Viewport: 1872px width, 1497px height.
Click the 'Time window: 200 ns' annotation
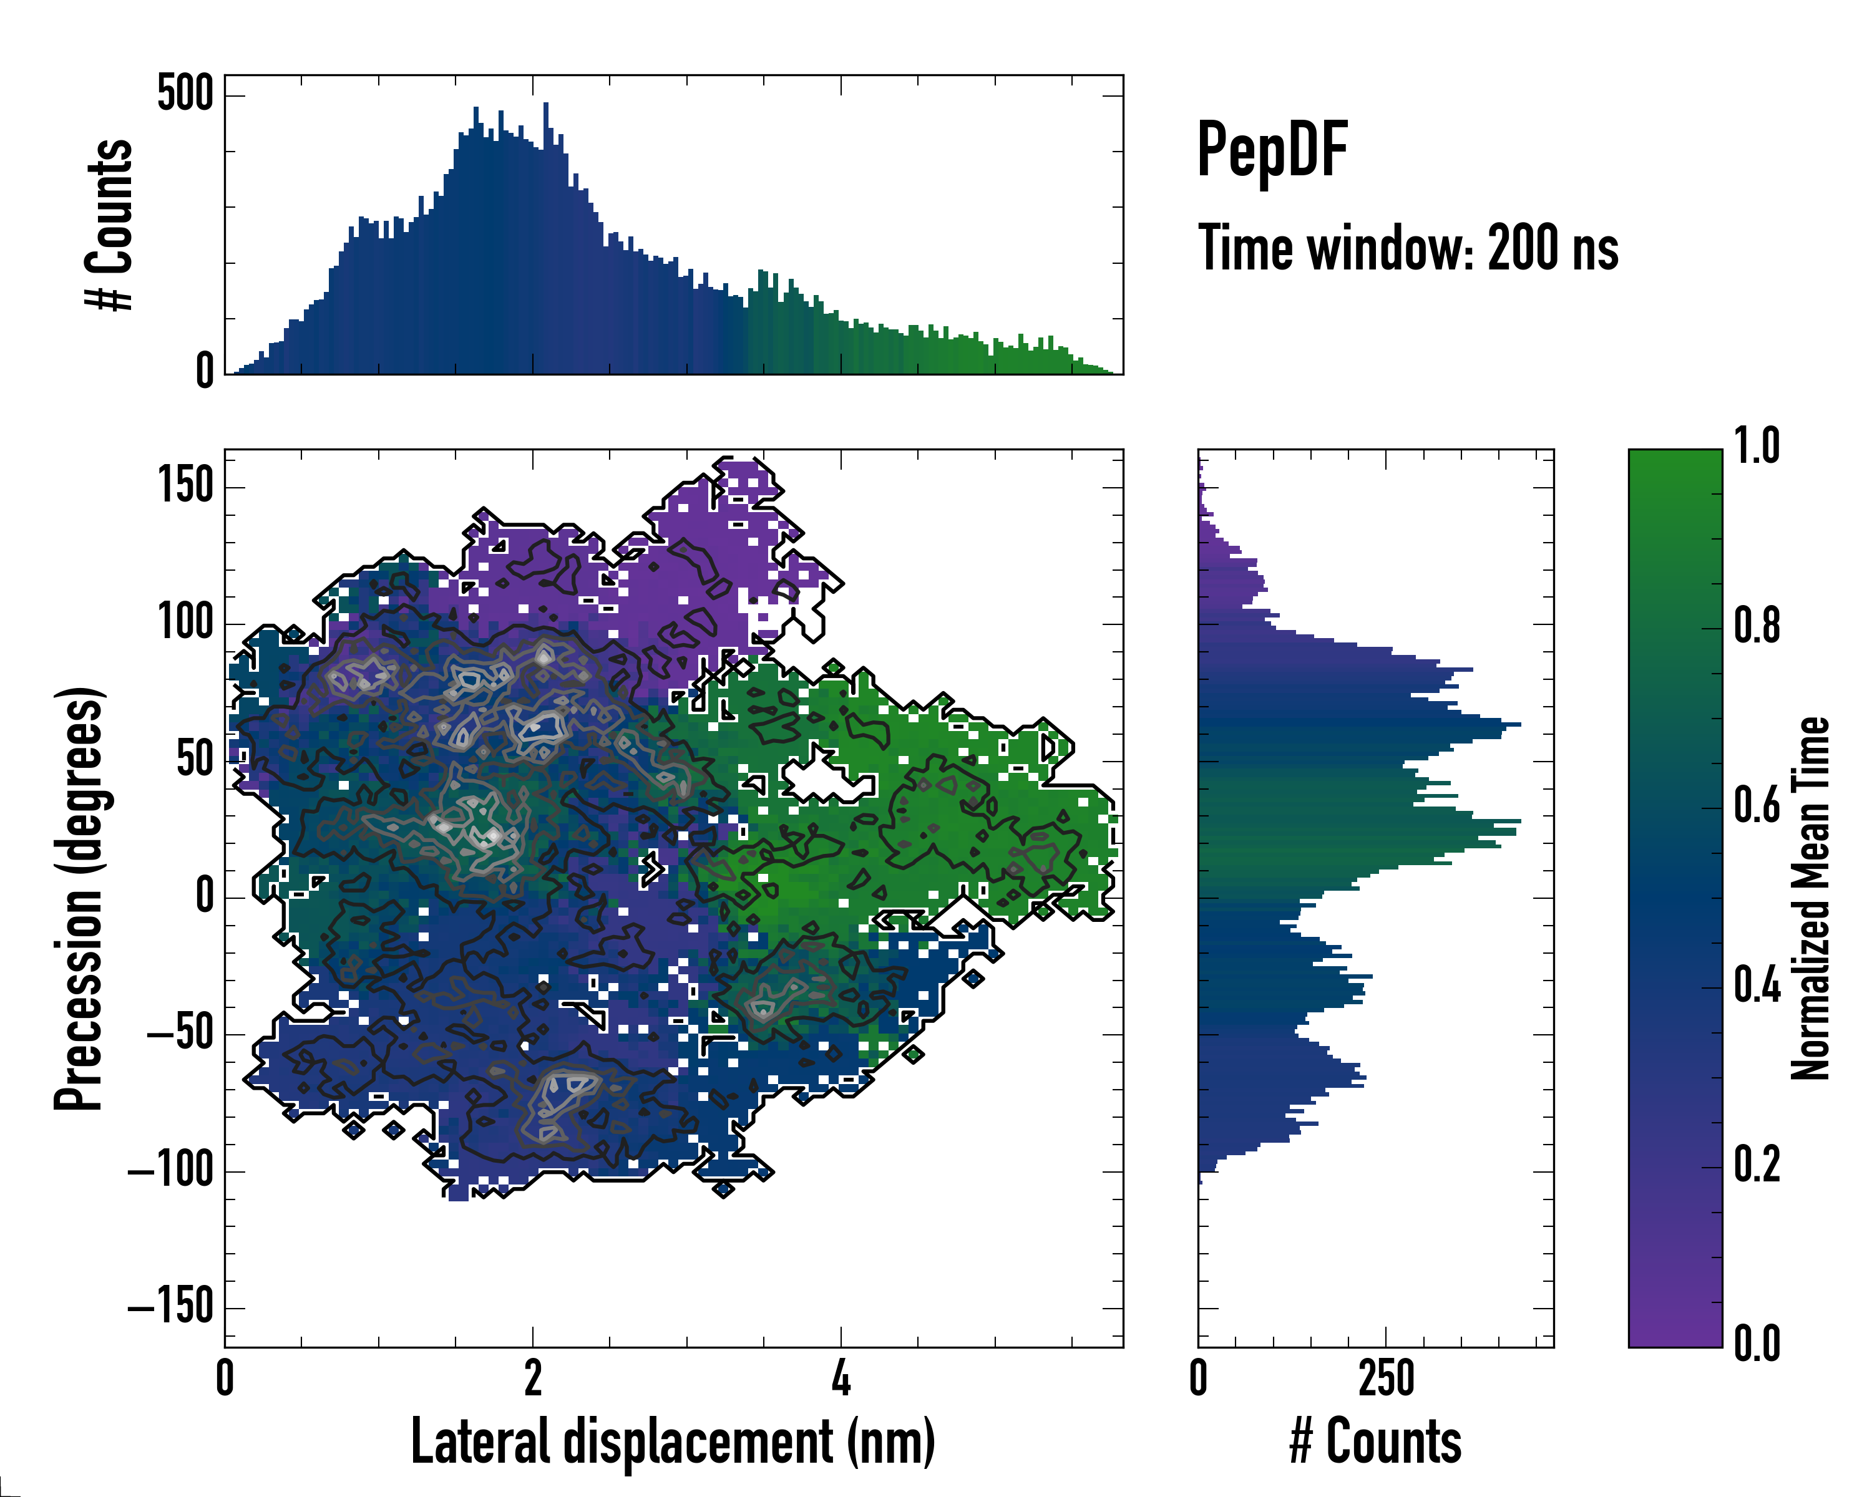pos(1408,249)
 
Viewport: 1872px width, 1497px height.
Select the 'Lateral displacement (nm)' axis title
pos(673,1441)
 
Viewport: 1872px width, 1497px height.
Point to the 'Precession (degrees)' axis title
pos(79,898)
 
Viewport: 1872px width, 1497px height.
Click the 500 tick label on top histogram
pos(185,94)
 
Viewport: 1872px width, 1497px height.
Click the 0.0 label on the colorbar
pos(1757,1344)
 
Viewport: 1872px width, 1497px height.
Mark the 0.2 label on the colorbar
pos(1757,1164)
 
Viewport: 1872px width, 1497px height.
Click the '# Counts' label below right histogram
pos(1375,1441)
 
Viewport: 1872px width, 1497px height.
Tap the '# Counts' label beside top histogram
pos(109,225)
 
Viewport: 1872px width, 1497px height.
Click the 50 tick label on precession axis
pos(195,760)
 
